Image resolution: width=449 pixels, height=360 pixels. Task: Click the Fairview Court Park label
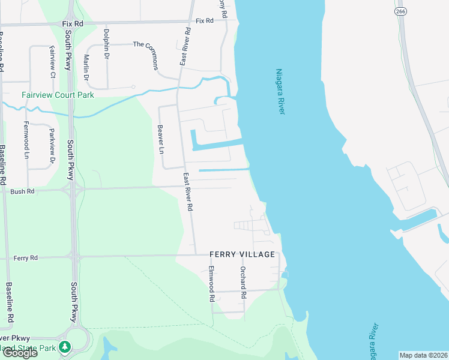click(58, 95)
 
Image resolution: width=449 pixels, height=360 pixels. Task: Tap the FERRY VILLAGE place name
click(242, 254)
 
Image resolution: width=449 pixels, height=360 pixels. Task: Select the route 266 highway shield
click(401, 11)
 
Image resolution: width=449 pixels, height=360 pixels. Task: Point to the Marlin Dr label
click(86, 67)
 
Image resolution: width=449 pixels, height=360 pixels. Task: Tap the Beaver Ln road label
click(160, 139)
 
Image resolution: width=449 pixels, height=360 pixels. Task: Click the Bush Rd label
click(22, 191)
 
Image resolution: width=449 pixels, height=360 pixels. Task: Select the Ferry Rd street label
click(25, 258)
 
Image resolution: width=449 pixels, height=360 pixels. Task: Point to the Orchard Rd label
click(243, 283)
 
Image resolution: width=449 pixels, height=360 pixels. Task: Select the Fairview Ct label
click(53, 62)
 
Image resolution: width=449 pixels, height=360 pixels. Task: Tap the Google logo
click(19, 353)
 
